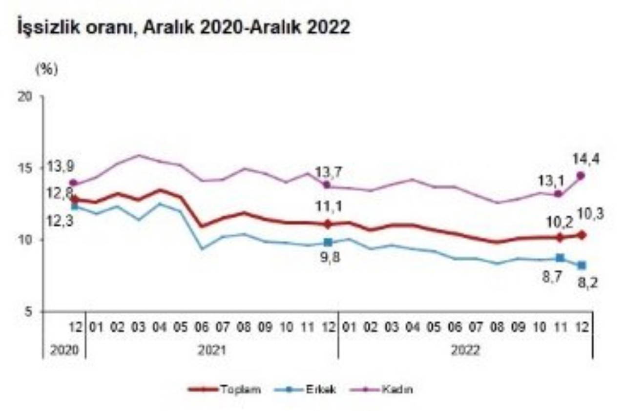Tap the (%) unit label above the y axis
point(47,70)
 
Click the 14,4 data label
point(586,159)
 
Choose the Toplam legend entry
point(225,390)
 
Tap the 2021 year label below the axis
point(211,350)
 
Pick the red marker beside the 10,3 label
point(581,235)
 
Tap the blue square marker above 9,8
point(328,242)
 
